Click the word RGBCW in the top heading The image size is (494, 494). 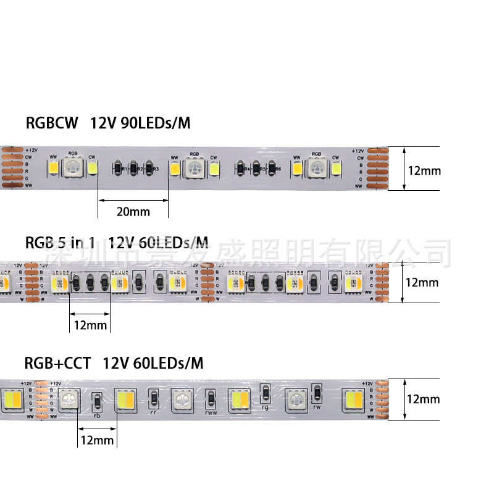tap(52, 124)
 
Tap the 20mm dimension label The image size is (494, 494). tap(133, 212)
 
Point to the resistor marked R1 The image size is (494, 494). tap(118, 168)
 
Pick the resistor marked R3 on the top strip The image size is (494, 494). tap(149, 168)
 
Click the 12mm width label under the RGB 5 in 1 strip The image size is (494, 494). tap(90, 325)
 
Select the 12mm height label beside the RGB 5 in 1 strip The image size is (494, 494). tap(422, 283)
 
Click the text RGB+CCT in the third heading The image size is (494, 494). tap(52, 363)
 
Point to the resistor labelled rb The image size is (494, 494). tap(97, 403)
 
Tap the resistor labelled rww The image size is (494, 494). tap(211, 398)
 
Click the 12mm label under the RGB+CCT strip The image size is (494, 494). tap(97, 440)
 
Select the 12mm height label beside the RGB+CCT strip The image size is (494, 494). tap(423, 399)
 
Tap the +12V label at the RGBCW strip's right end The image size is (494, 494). tap(358, 151)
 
